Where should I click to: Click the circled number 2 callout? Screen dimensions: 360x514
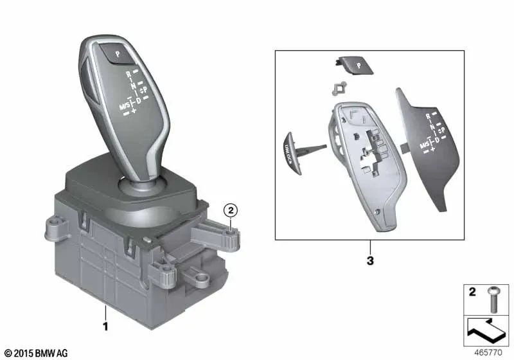point(230,209)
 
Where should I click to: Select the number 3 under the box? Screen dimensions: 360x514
point(370,262)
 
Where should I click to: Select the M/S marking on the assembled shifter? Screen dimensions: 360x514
point(123,105)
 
